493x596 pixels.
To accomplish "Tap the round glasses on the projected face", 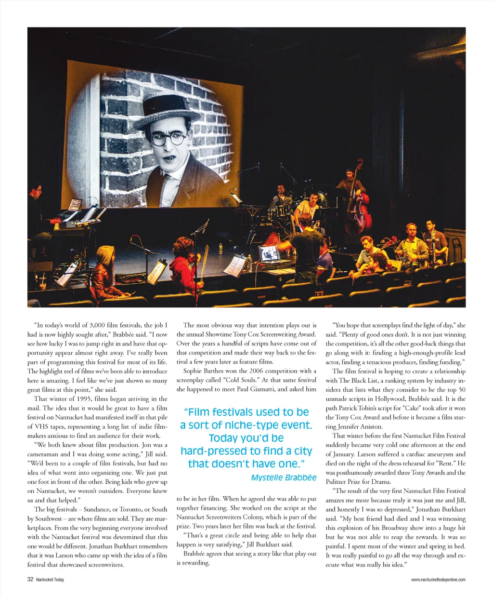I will tap(168, 139).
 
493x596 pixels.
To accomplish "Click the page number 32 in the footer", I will tap(30, 580).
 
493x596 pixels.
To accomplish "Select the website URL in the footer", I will tap(438, 580).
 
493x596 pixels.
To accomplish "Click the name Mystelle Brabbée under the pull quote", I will tap(284, 477).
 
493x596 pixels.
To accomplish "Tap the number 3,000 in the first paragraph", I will tap(98, 325).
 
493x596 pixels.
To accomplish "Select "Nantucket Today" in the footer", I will tap(50, 580).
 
